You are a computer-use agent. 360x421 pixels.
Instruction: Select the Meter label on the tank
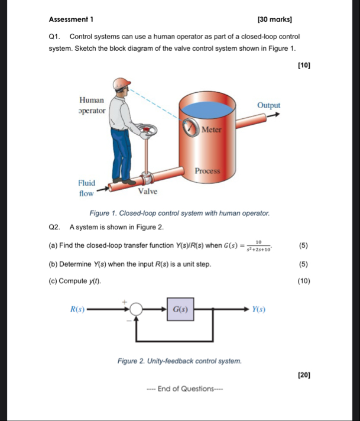[x=211, y=129]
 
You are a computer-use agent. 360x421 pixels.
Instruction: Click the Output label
[x=268, y=105]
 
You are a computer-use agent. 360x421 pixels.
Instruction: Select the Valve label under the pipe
[x=148, y=192]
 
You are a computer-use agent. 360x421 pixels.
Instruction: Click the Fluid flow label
[x=87, y=189]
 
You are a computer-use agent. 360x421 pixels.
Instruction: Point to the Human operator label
[x=92, y=105]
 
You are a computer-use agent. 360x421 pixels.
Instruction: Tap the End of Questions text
[x=180, y=388]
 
